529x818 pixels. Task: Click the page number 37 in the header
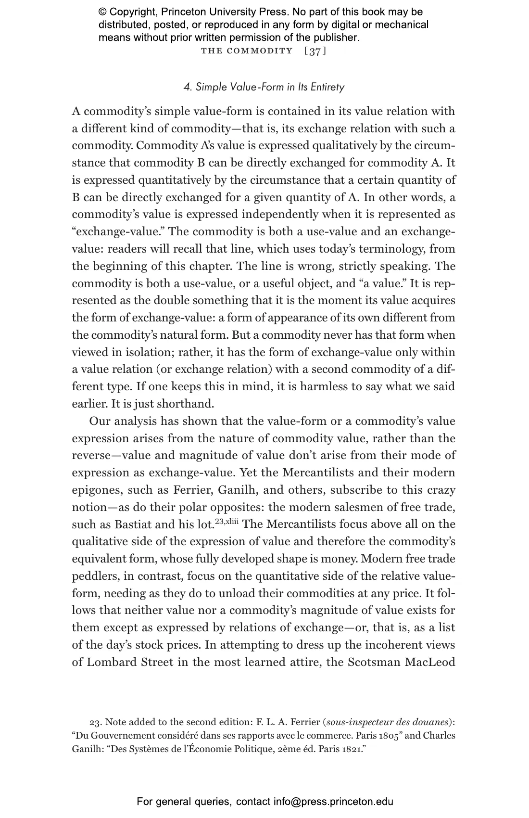tap(315, 51)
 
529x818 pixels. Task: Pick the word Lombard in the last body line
tap(112, 662)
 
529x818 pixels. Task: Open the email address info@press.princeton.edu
tap(334, 802)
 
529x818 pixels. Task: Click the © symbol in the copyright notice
tap(103, 12)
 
